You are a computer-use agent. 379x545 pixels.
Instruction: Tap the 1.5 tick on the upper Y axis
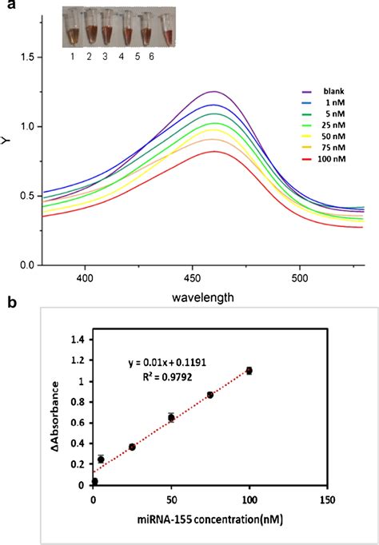(x=27, y=58)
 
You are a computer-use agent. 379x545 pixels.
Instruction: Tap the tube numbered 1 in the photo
(x=74, y=30)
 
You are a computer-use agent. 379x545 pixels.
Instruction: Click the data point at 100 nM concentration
(x=249, y=371)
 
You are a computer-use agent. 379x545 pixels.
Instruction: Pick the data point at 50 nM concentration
(x=171, y=417)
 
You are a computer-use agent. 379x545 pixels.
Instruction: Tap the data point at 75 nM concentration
(x=210, y=395)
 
